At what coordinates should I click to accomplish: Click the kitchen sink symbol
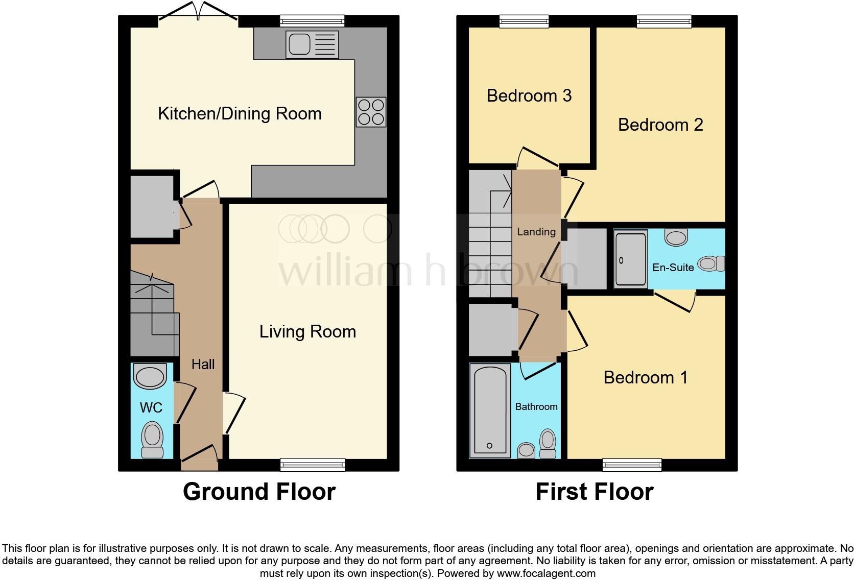[x=312, y=44]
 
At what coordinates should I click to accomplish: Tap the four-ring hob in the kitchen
[x=371, y=112]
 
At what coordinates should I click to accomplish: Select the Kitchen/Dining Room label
[x=240, y=113]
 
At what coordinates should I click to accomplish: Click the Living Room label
[x=307, y=332]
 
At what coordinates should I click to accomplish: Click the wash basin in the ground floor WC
[x=150, y=376]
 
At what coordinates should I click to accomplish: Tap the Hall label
[x=203, y=364]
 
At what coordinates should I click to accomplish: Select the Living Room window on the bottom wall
[x=313, y=464]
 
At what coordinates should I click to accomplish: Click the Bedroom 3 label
[x=529, y=95]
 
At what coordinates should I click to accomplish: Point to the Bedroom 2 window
[x=664, y=21]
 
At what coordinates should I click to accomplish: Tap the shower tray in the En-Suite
[x=631, y=259]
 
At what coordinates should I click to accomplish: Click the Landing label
[x=536, y=232]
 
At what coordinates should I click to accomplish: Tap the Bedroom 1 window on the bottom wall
[x=632, y=464]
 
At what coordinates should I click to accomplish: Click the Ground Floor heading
[x=259, y=492]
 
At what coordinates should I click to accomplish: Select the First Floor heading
[x=595, y=492]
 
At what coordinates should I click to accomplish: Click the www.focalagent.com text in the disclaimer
[x=546, y=573]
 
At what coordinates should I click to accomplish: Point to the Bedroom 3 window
[x=524, y=21]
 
